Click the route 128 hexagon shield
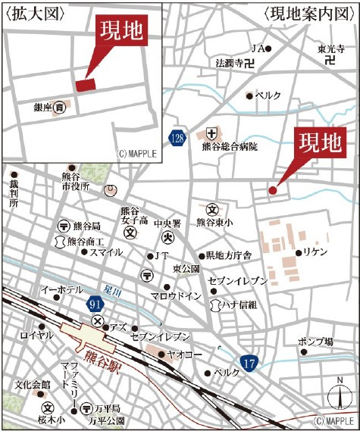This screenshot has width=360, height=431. point(177,138)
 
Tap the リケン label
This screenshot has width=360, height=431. point(313,251)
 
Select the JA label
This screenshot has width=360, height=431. point(258,48)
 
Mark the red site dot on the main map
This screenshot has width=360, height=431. point(273,191)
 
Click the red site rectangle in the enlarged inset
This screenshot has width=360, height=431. point(85,84)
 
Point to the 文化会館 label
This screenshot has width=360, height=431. point(31,385)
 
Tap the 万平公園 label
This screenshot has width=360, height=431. point(106,419)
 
